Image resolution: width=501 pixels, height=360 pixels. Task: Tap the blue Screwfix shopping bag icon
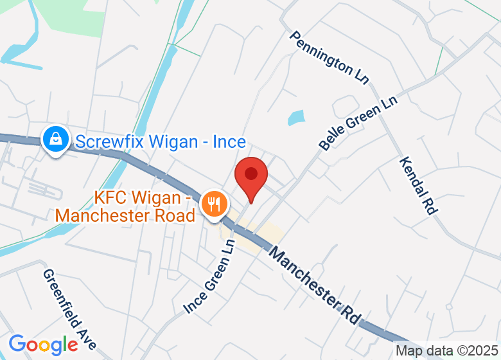pyautogui.click(x=56, y=139)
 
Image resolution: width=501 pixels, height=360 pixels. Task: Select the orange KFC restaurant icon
pyautogui.click(x=213, y=204)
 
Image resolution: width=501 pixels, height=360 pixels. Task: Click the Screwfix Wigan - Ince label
pyautogui.click(x=161, y=141)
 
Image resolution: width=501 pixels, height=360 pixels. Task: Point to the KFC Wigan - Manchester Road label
pyautogui.click(x=125, y=206)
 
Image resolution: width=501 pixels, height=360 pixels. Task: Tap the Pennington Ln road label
pyautogui.click(x=328, y=57)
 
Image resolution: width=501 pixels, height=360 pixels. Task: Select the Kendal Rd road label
pyautogui.click(x=418, y=184)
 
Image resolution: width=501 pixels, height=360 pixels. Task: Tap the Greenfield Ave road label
pyautogui.click(x=69, y=309)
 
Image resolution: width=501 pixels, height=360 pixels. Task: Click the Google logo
pyautogui.click(x=43, y=344)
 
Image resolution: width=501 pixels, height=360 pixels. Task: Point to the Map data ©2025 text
pyautogui.click(x=446, y=351)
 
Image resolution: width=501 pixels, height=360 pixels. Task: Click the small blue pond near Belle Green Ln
pyautogui.click(x=296, y=118)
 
